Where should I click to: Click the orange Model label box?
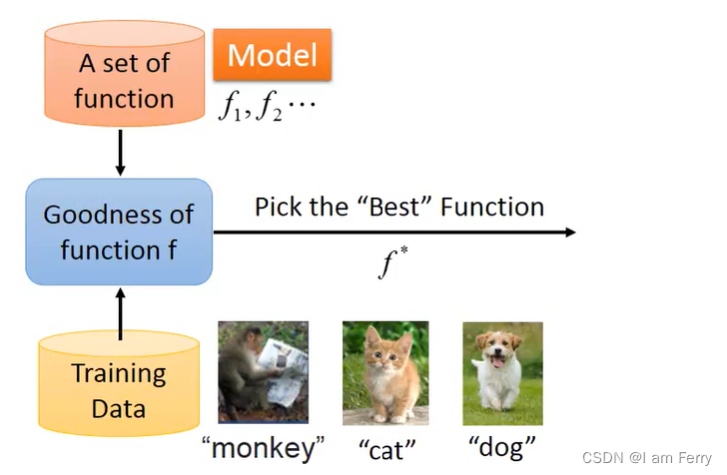[x=273, y=54]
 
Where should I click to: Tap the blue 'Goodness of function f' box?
[x=119, y=231]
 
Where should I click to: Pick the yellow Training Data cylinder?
[x=119, y=389]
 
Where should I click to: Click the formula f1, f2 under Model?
[x=266, y=105]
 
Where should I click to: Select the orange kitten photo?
[x=385, y=371]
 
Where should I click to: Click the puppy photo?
[x=502, y=373]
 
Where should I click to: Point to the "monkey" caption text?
[x=264, y=448]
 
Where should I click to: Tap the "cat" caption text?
[x=386, y=448]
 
